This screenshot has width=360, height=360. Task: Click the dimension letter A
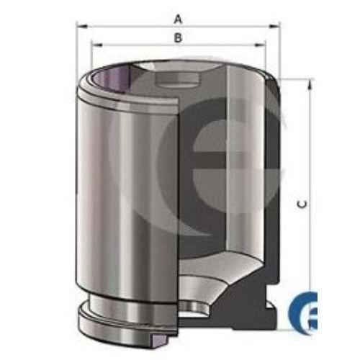click(178, 19)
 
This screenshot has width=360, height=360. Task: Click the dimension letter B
click(178, 37)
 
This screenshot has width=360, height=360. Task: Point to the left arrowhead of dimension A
click(81, 26)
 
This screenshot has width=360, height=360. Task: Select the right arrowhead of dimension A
click(275, 26)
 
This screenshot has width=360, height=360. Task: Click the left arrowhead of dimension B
click(96, 45)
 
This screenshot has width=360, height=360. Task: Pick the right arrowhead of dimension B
click(260, 45)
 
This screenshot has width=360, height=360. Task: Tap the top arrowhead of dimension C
click(311, 84)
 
